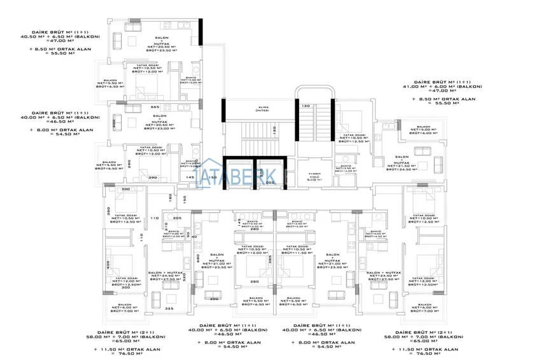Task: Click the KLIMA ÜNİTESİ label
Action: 262,109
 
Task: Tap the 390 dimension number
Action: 153,178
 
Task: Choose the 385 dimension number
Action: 270,260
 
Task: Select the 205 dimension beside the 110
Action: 178,218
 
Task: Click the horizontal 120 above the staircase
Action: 305,105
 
